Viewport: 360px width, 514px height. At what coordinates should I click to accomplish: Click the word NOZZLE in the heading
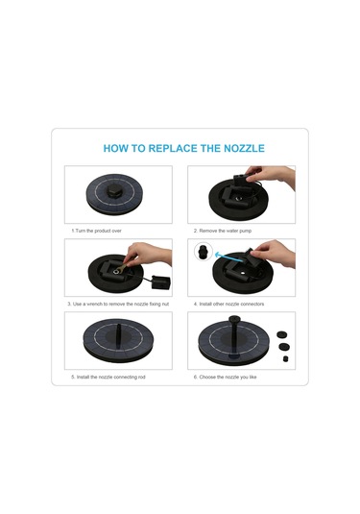tap(244, 149)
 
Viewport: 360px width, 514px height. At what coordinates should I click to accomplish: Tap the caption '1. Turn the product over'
tap(96, 231)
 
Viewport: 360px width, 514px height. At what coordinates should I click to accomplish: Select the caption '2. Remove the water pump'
tap(223, 231)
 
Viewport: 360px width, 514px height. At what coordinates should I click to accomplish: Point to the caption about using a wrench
tap(118, 304)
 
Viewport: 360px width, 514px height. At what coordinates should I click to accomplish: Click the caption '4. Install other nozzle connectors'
tap(228, 304)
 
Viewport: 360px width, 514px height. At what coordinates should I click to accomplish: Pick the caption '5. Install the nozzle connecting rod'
tap(108, 377)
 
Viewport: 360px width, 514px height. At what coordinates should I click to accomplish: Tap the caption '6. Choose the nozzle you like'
tap(225, 377)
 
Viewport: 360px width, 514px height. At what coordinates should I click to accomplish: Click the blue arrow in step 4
tap(229, 257)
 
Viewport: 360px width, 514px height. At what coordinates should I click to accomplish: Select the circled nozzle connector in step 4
tap(204, 252)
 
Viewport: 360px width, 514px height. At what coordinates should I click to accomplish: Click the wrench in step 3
tap(123, 266)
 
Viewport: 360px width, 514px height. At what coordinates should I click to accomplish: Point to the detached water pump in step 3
tap(161, 282)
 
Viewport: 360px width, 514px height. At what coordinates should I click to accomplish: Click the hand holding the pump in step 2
tap(272, 176)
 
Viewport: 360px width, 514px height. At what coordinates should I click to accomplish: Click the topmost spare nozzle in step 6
tap(281, 334)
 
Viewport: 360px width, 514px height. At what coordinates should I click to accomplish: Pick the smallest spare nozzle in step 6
tap(286, 358)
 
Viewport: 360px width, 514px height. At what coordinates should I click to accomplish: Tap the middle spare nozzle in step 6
tap(283, 346)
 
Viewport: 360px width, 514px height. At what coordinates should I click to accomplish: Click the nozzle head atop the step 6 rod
tap(234, 318)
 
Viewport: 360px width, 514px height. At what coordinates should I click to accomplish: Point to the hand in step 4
tap(274, 253)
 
